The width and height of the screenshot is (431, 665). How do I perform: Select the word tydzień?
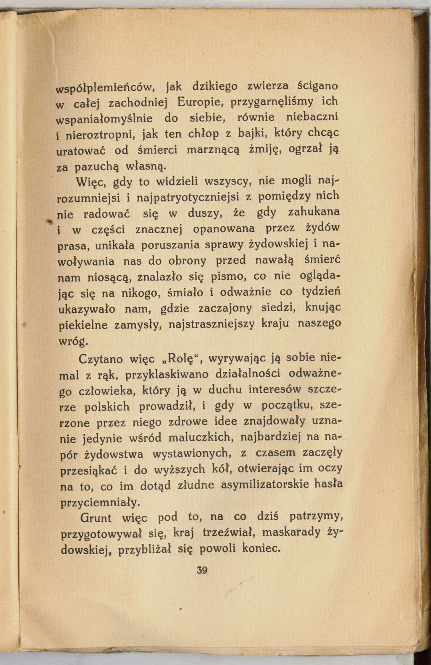(321, 292)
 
